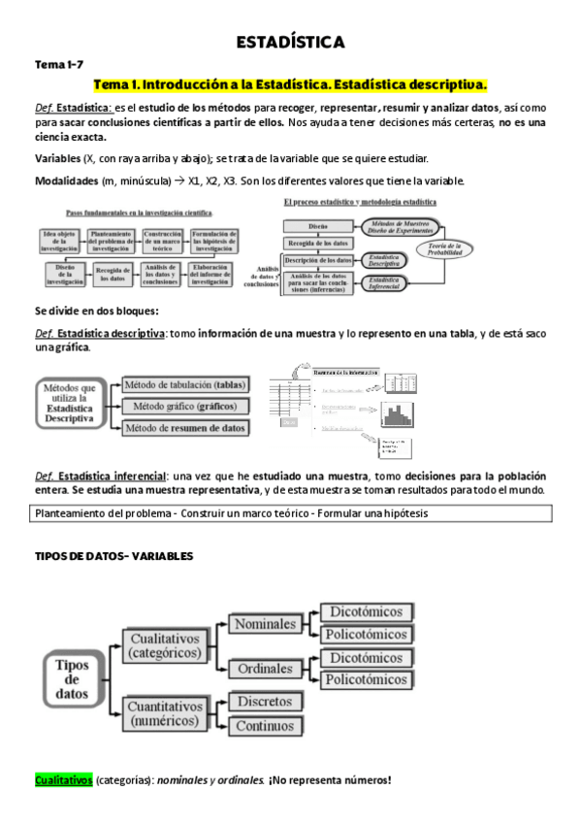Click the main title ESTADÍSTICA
coord(290,43)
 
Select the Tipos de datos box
coord(73,678)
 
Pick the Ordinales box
coord(265,668)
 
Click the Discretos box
coord(264,701)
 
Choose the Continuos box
coord(264,724)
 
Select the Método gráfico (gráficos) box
coord(183,406)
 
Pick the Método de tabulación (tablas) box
coord(183,384)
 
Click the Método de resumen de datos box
coord(183,427)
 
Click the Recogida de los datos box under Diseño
coord(316,243)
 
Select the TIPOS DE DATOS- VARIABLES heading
coord(113,556)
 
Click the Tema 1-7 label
coord(60,64)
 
